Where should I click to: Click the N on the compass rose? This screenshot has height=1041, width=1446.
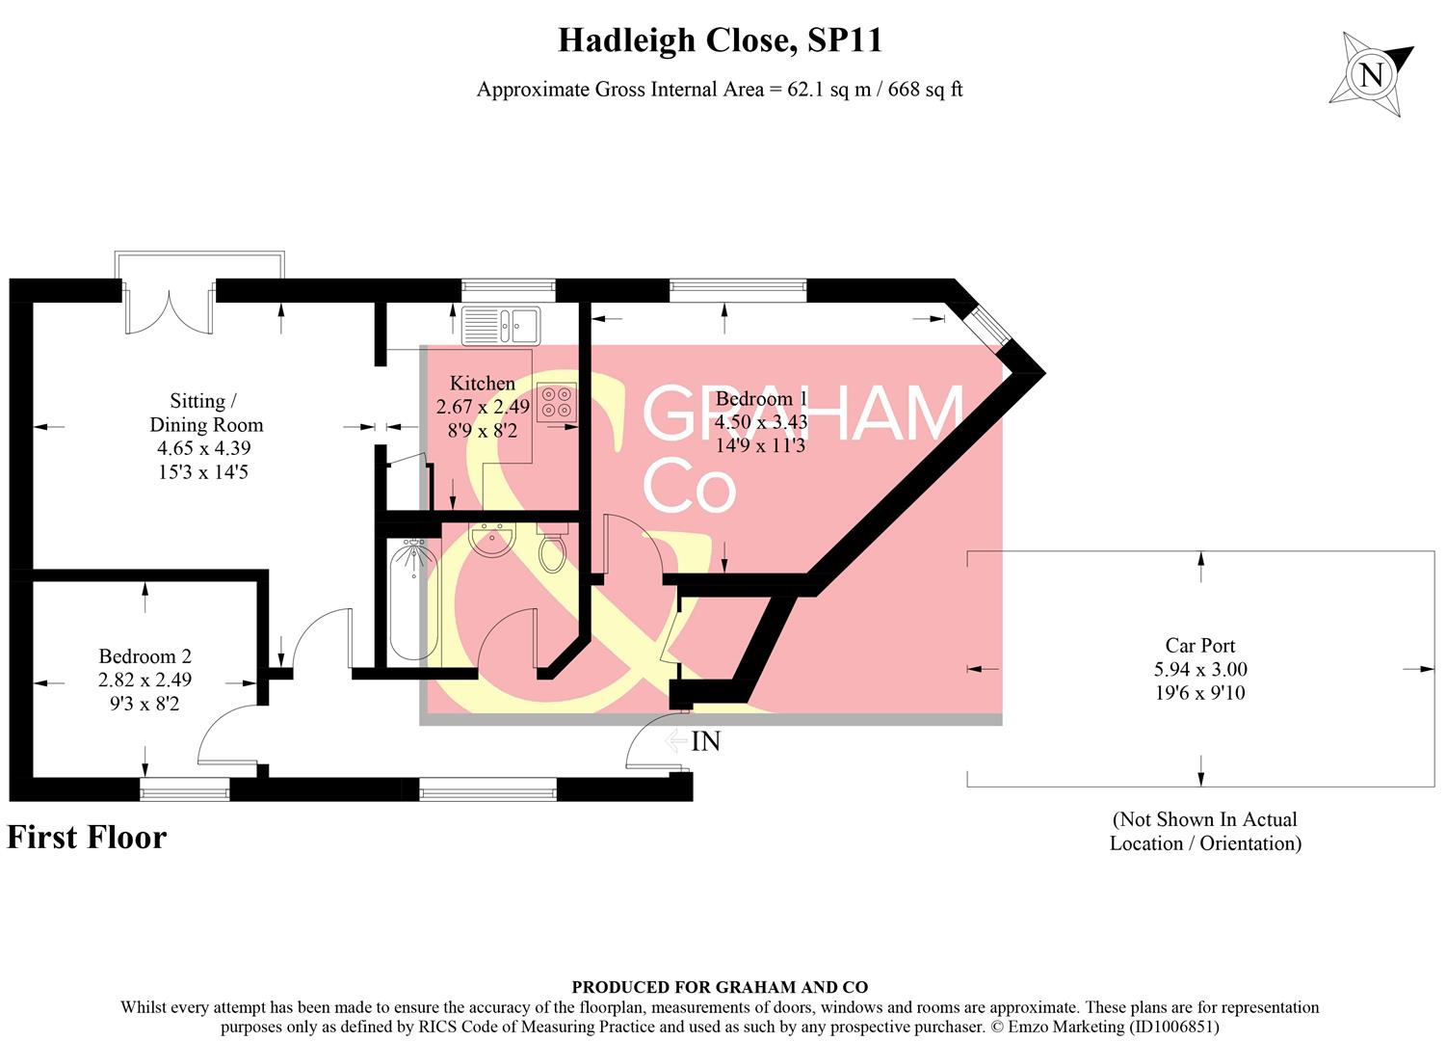click(1372, 73)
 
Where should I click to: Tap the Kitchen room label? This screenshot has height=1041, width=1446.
click(482, 383)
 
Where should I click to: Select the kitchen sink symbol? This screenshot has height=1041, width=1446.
click(501, 325)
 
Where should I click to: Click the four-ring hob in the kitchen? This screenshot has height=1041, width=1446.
click(557, 401)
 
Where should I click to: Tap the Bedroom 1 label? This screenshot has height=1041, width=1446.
click(761, 398)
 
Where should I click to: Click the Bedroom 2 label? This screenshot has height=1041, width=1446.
click(145, 656)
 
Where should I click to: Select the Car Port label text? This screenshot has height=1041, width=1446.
click(1199, 646)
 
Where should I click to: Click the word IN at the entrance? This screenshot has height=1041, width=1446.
click(706, 741)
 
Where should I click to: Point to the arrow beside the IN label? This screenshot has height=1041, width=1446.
click(676, 740)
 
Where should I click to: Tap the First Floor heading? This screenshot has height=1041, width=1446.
click(87, 837)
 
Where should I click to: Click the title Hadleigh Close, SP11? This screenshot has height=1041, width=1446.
click(720, 40)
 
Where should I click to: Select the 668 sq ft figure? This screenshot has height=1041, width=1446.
click(925, 90)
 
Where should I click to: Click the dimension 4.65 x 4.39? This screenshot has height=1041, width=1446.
click(205, 448)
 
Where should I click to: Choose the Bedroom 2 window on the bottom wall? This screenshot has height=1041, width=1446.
click(185, 790)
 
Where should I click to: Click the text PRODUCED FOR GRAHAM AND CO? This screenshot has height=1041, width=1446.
click(720, 987)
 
